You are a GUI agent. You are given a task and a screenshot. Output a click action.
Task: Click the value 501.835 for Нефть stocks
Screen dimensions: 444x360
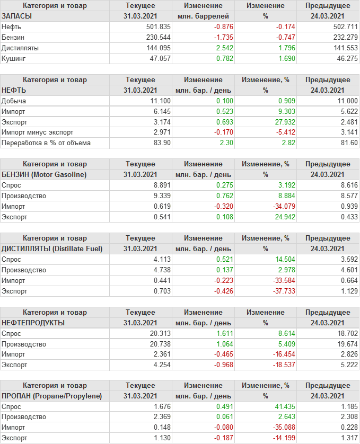tap(158, 26)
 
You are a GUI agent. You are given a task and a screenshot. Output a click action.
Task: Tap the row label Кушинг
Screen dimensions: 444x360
tap(14, 59)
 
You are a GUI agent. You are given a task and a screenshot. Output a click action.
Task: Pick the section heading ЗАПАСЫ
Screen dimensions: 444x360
tap(17, 16)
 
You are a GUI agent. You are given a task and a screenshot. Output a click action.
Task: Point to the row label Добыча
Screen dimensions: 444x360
tap(14, 101)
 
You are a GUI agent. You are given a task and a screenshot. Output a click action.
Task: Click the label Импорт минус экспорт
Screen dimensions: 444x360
tap(38, 132)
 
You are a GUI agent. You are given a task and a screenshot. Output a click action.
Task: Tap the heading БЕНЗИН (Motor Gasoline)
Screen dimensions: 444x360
tap(44, 174)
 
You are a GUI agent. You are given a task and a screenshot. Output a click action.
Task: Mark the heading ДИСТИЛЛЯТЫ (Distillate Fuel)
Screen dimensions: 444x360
tap(52, 248)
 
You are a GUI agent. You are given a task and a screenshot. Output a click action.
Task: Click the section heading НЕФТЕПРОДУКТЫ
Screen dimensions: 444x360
tap(33, 323)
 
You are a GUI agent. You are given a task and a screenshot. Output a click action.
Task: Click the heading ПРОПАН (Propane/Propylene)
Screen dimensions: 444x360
tap(52, 396)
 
